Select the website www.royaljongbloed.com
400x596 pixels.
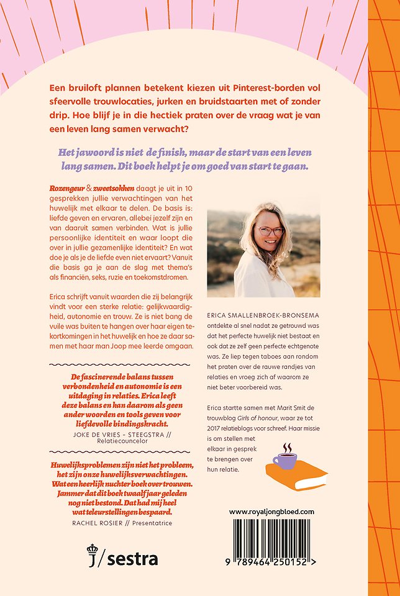272,512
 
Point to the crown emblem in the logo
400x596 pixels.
92,549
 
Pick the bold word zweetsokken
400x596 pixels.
114,187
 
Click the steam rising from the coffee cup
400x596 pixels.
286,447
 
